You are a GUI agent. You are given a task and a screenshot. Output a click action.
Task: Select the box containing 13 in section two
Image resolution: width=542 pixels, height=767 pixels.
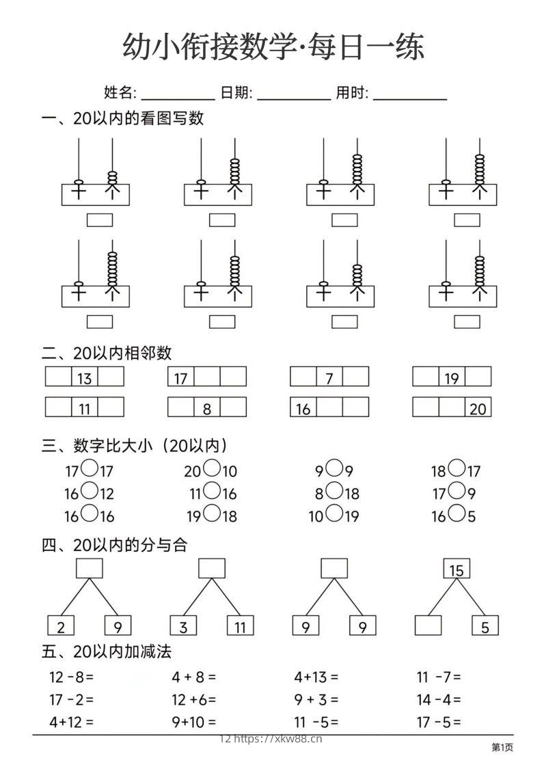pos(85,377)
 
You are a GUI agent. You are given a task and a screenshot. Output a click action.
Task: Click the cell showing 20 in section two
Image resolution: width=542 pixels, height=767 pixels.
pos(478,408)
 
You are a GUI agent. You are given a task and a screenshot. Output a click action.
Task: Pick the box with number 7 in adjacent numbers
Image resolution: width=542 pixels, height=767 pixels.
pos(329,377)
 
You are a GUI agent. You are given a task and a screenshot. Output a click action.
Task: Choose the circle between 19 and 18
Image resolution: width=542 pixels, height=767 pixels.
pos(212,514)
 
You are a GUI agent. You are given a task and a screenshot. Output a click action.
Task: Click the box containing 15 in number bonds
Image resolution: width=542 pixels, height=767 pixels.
pos(457,569)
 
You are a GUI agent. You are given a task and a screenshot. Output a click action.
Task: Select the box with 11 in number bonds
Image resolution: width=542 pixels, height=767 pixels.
pos(240,625)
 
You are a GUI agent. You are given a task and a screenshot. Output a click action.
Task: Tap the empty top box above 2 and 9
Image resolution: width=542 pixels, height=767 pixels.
pos(90,568)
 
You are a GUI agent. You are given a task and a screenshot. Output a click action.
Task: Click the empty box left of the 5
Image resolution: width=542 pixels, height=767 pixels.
pos(428,625)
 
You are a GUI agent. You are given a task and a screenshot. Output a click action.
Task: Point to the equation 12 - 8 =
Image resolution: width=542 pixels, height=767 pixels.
pos(71,677)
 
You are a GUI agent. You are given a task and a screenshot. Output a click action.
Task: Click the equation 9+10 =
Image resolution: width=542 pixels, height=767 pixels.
pos(194,721)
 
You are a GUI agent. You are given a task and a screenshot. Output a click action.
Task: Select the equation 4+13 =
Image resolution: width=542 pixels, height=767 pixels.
pos(316,677)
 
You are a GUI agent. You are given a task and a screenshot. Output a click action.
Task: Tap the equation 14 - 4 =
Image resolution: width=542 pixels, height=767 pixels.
pos(439,699)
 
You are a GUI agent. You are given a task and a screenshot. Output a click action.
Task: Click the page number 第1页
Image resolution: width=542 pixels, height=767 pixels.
pos(502,748)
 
